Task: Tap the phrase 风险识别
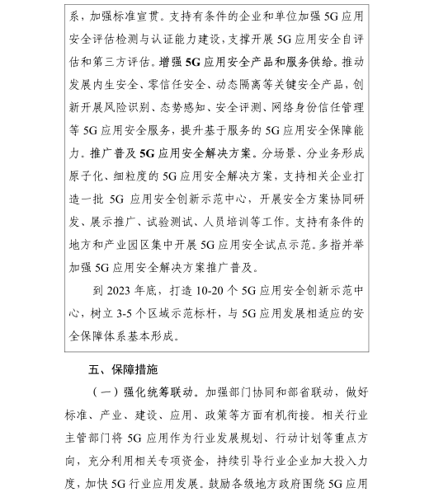[131, 107]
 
